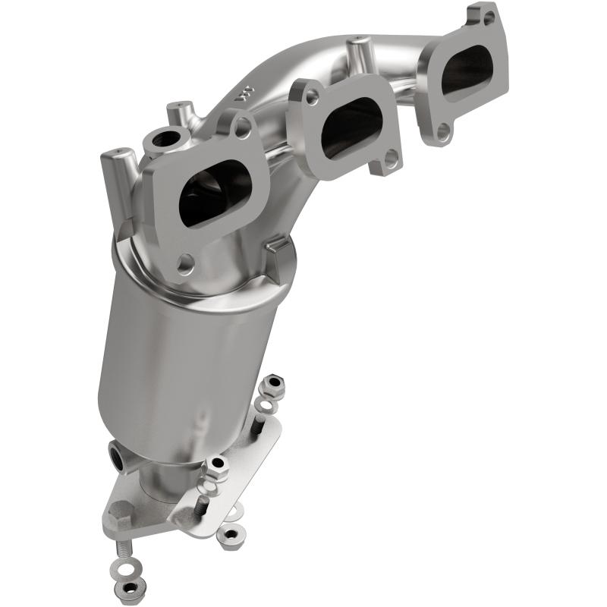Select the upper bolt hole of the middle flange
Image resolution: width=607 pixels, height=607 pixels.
coord(312,97)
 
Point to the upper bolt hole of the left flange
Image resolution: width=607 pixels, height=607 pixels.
coord(242,129)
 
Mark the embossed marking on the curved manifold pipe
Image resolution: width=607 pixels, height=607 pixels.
coord(243,96)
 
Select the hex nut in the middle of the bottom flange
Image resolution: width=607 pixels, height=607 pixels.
coord(217,464)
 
